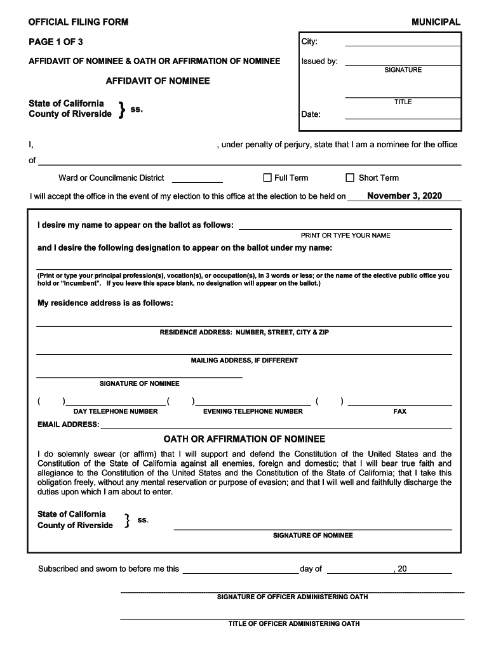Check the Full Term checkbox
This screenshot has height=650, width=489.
267,178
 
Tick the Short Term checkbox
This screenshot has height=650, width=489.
349,178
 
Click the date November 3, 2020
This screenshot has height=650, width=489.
404,196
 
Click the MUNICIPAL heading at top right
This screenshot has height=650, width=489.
436,22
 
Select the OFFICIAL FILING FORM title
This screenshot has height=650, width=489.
78,22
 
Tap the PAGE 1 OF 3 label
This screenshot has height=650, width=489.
55,42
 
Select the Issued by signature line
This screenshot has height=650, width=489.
402,64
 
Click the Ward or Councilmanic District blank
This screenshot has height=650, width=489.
197,181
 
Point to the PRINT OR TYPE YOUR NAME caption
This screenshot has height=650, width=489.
345,235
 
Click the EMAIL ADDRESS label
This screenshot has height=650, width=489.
68,425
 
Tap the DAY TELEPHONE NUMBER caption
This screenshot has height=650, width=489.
115,411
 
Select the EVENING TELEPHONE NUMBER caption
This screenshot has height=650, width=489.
253,411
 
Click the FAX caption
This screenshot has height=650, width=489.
399,411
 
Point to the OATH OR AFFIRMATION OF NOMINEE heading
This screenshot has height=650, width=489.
245,439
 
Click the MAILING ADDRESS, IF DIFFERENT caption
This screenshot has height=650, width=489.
245,361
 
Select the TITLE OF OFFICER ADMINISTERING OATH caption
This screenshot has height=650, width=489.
294,624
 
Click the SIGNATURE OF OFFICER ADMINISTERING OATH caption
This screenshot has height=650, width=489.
292,597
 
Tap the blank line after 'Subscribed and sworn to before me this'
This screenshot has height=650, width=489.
240,572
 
